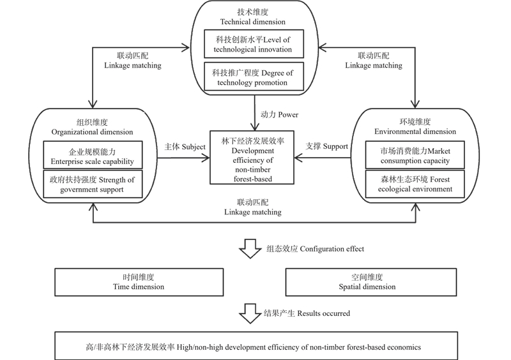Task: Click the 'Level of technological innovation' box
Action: click(x=254, y=44)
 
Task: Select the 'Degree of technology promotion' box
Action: click(x=254, y=77)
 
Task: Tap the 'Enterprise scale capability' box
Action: click(x=93, y=154)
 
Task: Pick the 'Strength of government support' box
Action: click(x=93, y=184)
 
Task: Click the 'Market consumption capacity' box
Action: click(x=415, y=154)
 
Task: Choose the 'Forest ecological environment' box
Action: click(x=415, y=184)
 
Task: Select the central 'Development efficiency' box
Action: click(x=252, y=158)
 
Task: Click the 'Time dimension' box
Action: click(x=139, y=282)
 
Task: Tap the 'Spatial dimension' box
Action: click(x=371, y=282)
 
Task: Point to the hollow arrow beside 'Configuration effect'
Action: click(x=250, y=248)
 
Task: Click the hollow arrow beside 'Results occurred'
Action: click(x=250, y=313)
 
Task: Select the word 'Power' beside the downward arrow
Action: click(x=288, y=115)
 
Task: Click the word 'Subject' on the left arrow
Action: click(x=194, y=147)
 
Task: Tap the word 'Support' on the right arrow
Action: click(x=335, y=147)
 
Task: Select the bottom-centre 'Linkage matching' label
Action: click(x=252, y=212)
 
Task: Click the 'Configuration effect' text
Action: click(x=332, y=249)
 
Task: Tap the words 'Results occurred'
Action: click(x=324, y=313)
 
